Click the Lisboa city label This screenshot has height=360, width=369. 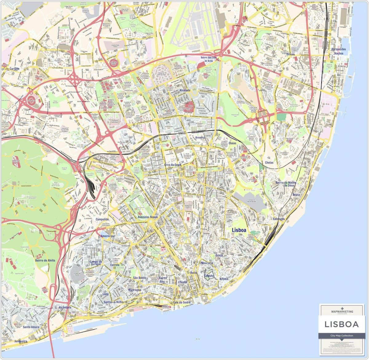click(x=239, y=230)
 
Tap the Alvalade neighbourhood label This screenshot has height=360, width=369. click(x=185, y=90)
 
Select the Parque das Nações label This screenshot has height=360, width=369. click(x=339, y=51)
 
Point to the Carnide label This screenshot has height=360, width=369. click(x=14, y=69)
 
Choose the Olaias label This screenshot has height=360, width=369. click(x=232, y=143)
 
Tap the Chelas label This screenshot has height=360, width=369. click(x=269, y=163)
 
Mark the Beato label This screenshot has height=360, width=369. click(x=296, y=195)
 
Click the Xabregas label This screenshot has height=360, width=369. click(x=279, y=219)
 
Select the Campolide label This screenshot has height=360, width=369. click(x=102, y=220)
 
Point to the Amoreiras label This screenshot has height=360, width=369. click(x=107, y=236)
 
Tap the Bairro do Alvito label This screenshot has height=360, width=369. click(x=45, y=260)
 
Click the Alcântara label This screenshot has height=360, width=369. click(x=65, y=307)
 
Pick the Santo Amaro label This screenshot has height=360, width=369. click(x=31, y=327)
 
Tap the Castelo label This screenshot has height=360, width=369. click(x=209, y=276)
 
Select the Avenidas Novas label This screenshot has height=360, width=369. click(x=145, y=217)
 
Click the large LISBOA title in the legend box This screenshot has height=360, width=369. click(x=342, y=324)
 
